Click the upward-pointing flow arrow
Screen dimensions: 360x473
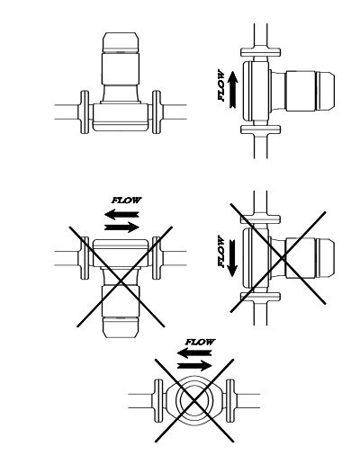pyautogui.click(x=232, y=89)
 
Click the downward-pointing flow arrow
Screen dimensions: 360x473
pyautogui.click(x=232, y=258)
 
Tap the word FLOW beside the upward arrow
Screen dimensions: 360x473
pyautogui.click(x=221, y=85)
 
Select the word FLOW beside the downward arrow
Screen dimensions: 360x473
pyautogui.click(x=221, y=251)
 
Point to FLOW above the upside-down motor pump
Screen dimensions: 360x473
pyautogui.click(x=126, y=200)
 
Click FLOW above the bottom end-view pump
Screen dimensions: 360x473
pyautogui.click(x=200, y=342)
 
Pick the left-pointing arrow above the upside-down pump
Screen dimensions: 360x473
pyautogui.click(x=121, y=214)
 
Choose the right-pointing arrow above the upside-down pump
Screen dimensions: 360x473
pyautogui.click(x=121, y=227)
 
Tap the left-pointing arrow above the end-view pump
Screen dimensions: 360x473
pyautogui.click(x=194, y=353)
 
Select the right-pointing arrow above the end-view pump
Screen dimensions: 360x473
pyautogui.click(x=194, y=365)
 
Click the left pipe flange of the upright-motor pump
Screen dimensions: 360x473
pyautogui.click(x=85, y=112)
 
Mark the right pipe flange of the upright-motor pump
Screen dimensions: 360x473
pyautogui.click(x=157, y=112)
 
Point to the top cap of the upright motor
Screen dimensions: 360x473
pyautogui.click(x=121, y=42)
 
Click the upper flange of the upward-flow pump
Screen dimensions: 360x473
pyautogui.click(x=260, y=52)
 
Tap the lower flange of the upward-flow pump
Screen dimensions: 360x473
pyautogui.click(x=260, y=129)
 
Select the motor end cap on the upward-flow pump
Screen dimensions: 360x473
pyautogui.click(x=325, y=91)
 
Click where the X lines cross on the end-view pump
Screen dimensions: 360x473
pyautogui.click(x=194, y=400)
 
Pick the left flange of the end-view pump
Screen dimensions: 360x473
pyautogui.click(x=158, y=400)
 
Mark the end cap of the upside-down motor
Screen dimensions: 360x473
pyautogui.click(x=121, y=327)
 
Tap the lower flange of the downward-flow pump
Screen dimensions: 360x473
pyautogui.click(x=260, y=297)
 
